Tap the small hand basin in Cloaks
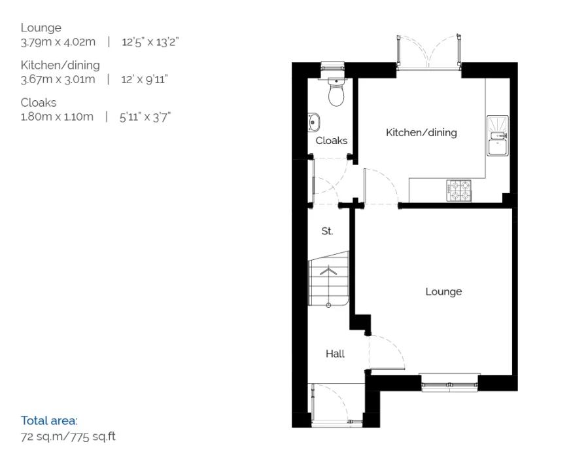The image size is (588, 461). pyautogui.click(x=313, y=122)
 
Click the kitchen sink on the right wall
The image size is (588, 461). pyautogui.click(x=498, y=136)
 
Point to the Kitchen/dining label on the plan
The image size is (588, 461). pyautogui.click(x=421, y=133)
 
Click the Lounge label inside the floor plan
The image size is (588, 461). pyautogui.click(x=443, y=291)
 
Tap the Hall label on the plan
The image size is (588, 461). pyautogui.click(x=335, y=354)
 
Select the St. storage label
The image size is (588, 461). pyautogui.click(x=327, y=231)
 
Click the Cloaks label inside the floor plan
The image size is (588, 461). pyautogui.click(x=331, y=141)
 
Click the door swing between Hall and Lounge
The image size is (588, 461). pyautogui.click(x=386, y=354)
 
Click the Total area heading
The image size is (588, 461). pyautogui.click(x=49, y=420)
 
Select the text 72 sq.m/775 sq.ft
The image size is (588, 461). pyautogui.click(x=68, y=436)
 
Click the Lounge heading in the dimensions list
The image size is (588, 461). pyautogui.click(x=41, y=28)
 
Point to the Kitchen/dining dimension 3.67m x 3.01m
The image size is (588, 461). pyautogui.click(x=58, y=80)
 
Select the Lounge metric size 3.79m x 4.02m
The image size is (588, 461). pyautogui.click(x=58, y=43)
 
